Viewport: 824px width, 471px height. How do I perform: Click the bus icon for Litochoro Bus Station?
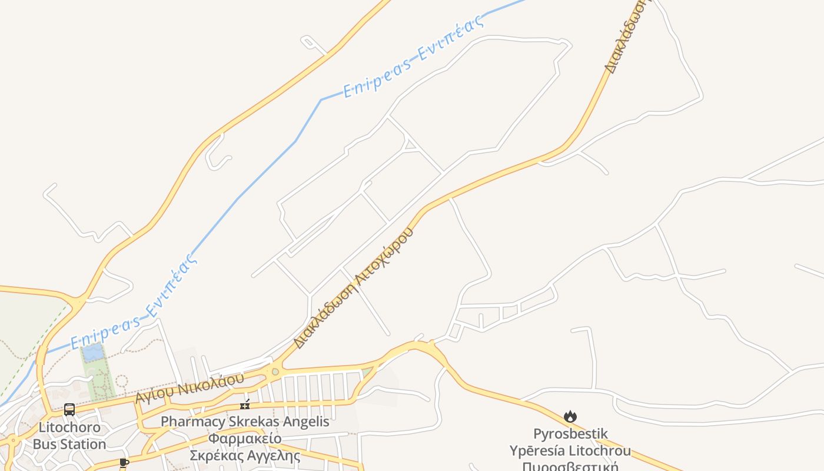tap(69, 409)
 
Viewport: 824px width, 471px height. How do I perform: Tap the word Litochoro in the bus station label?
tap(69, 427)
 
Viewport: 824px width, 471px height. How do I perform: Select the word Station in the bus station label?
tap(85, 444)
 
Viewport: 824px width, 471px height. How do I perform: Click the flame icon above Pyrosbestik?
tap(570, 417)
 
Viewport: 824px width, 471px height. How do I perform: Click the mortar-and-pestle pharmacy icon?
tap(245, 404)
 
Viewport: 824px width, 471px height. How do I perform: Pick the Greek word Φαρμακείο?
tap(244, 439)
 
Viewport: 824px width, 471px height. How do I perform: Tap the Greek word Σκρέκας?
tap(215, 456)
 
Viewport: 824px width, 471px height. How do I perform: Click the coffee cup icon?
tap(124, 463)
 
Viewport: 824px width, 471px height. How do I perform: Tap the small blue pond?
tap(93, 353)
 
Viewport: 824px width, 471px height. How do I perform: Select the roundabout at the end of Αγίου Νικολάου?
tap(275, 372)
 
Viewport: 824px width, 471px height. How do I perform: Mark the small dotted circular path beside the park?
tap(121, 380)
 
